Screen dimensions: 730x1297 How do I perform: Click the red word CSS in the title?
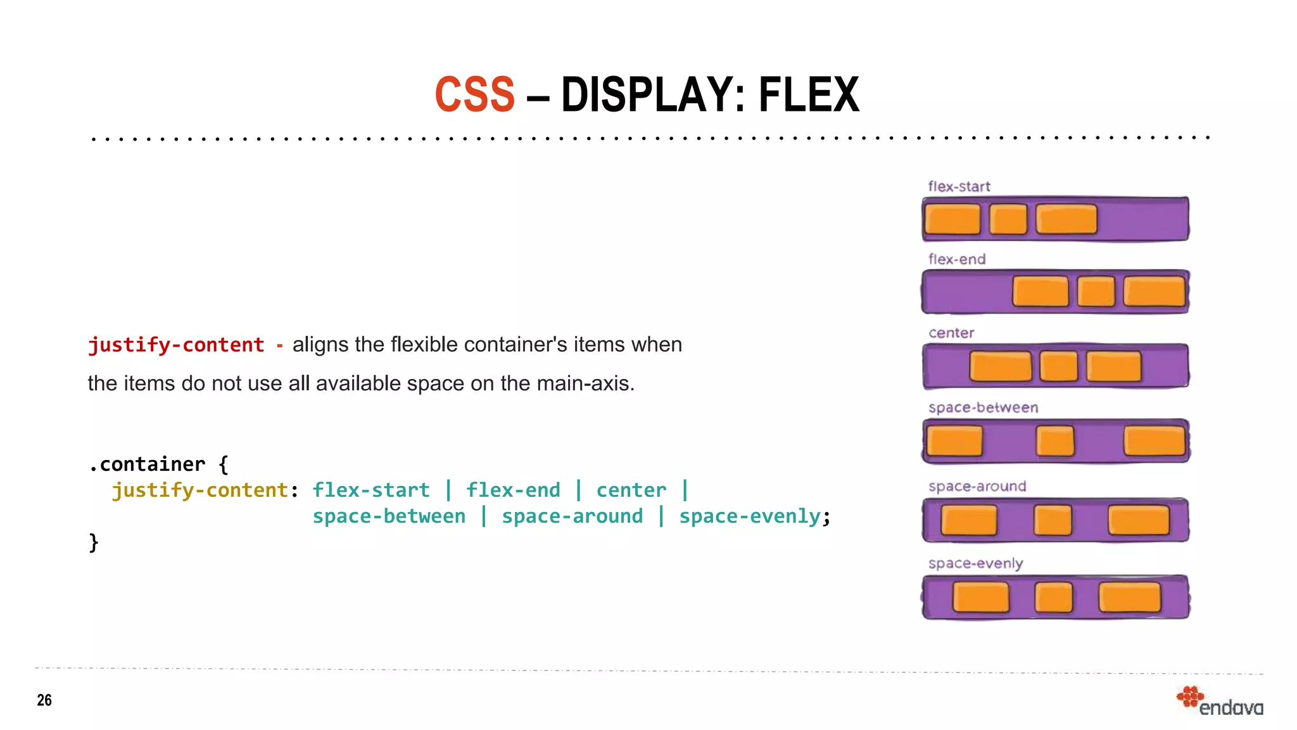coord(475,95)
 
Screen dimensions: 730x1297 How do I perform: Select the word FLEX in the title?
coord(809,95)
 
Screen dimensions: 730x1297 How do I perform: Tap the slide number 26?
coord(44,700)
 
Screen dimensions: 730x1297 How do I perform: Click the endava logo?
coord(1220,702)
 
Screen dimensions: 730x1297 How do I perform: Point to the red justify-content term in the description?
coord(176,345)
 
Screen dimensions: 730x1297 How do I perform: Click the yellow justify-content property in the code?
coord(200,490)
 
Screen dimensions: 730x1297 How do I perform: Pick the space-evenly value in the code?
coord(750,516)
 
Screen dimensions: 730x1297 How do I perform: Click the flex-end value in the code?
coord(513,490)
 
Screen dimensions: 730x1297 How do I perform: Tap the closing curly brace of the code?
coord(94,542)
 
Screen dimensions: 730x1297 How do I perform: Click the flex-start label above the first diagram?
coord(959,186)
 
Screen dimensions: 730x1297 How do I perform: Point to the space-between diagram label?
coord(983,407)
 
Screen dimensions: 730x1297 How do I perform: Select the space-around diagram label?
coord(977,486)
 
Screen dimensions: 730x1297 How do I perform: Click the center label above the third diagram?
coord(951,333)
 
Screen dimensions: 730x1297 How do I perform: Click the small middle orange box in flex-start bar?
coord(1008,219)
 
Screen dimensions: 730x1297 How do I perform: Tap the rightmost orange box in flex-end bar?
coord(1154,291)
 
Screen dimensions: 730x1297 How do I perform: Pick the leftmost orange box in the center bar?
coord(1000,366)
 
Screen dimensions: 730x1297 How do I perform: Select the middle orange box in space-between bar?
coord(1055,441)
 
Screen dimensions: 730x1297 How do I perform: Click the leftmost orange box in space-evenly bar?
coord(980,598)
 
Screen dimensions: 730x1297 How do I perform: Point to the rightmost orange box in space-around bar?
coord(1139,520)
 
